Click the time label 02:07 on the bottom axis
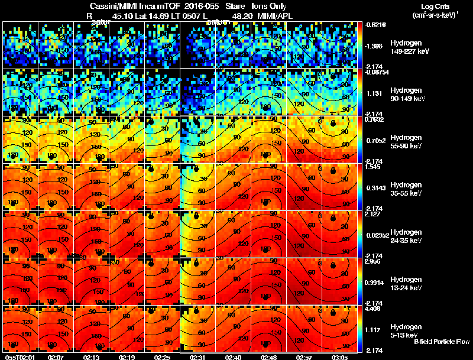click(56, 356)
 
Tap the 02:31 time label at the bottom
click(197, 356)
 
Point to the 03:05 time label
click(339, 356)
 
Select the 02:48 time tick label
click(268, 356)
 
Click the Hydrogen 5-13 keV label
click(406, 330)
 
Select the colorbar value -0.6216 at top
click(375, 25)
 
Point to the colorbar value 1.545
click(373, 167)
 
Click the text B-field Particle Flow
click(442, 342)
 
